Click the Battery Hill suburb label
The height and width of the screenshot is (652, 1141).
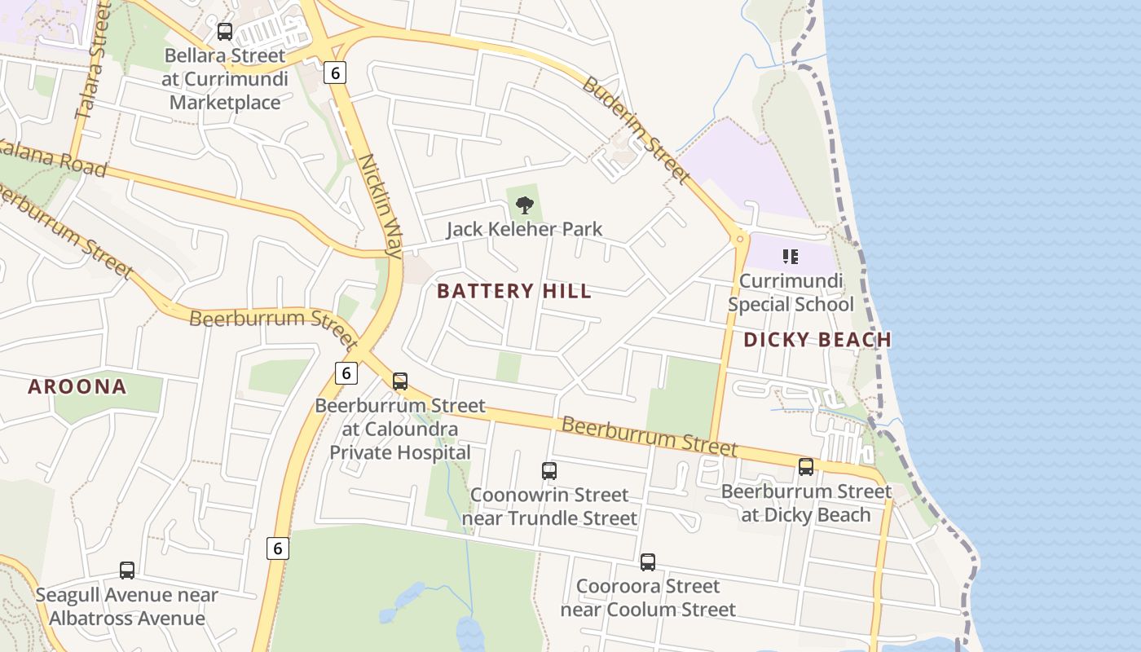pyautogui.click(x=514, y=291)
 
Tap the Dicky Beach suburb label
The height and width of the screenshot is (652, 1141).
pyautogui.click(x=817, y=340)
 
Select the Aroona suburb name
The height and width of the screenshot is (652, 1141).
pyautogui.click(x=77, y=386)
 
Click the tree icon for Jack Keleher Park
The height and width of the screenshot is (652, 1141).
pyautogui.click(x=525, y=205)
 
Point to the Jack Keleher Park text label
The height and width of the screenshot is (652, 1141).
pyautogui.click(x=524, y=229)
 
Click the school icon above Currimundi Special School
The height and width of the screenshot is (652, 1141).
pyautogui.click(x=790, y=258)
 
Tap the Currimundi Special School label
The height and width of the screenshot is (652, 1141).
pyautogui.click(x=791, y=293)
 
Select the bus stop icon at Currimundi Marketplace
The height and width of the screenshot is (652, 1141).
pyautogui.click(x=224, y=32)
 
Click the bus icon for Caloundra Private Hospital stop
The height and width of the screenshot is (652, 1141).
pyautogui.click(x=399, y=381)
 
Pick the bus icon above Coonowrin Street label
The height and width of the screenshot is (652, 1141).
pyautogui.click(x=549, y=470)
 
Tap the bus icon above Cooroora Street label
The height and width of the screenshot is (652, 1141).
pyautogui.click(x=647, y=562)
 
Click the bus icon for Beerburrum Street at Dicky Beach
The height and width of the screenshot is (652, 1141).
pyautogui.click(x=806, y=466)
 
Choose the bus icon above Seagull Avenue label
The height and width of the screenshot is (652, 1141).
pyautogui.click(x=127, y=570)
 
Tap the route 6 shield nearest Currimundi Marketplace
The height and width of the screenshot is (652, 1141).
pyautogui.click(x=334, y=73)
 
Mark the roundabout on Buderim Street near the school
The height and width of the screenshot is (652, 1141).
pyautogui.click(x=740, y=239)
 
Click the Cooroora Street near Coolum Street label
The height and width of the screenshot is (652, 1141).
pyautogui.click(x=648, y=598)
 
